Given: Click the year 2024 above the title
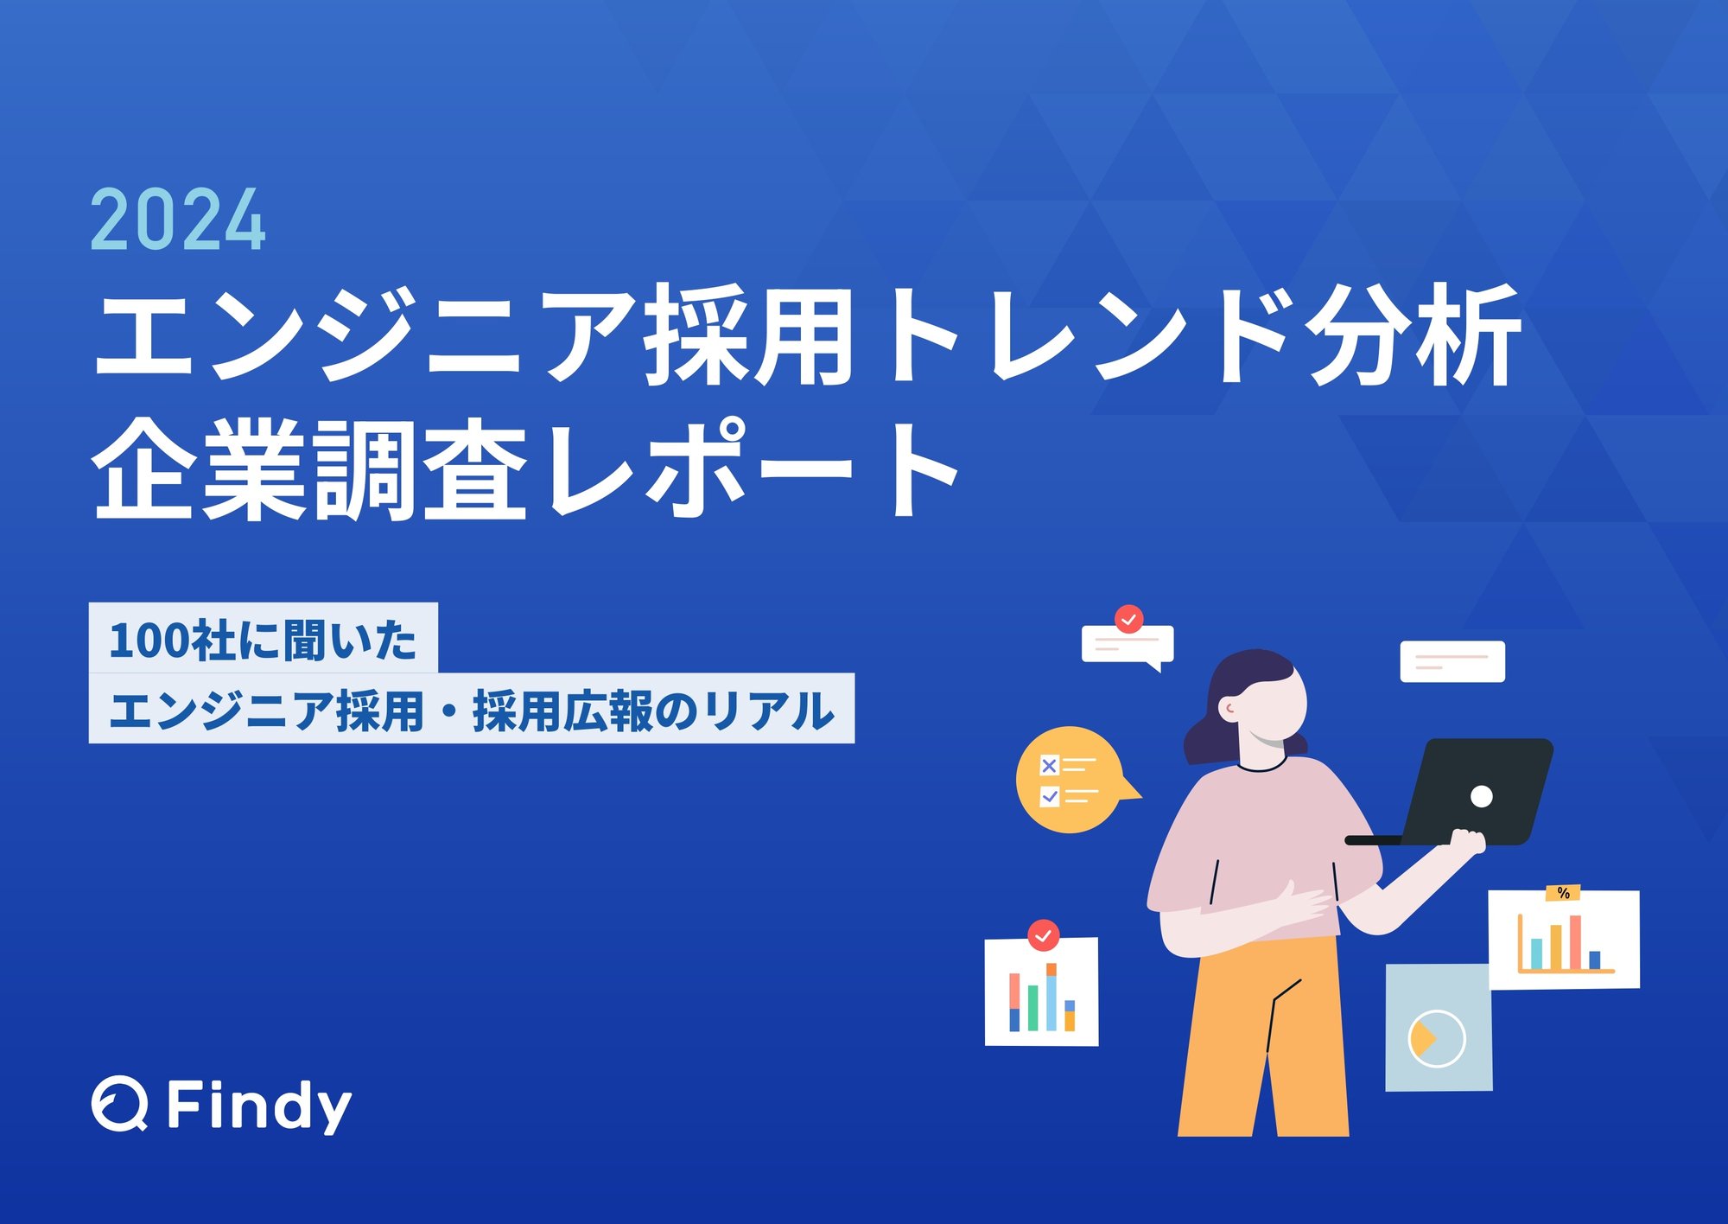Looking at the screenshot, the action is pyautogui.click(x=178, y=220).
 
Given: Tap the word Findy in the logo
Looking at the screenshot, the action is pyautogui.click(x=258, y=1106).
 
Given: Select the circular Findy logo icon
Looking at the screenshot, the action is pyautogui.click(x=119, y=1104).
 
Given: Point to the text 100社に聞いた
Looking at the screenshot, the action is pyautogui.click(x=263, y=641).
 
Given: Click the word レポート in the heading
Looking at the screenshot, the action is pyautogui.click(x=753, y=469).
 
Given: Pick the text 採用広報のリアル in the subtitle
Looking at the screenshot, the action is pyautogui.click(x=653, y=711).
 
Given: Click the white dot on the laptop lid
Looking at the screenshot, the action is pyautogui.click(x=1481, y=796).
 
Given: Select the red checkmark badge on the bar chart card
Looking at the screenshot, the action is pyautogui.click(x=1044, y=935).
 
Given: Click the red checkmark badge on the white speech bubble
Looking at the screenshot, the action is pyautogui.click(x=1128, y=620).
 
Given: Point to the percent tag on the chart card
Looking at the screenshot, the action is pyautogui.click(x=1563, y=892).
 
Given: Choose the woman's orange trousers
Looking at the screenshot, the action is pyautogui.click(x=1263, y=1037).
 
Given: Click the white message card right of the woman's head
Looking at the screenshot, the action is pyautogui.click(x=1452, y=661).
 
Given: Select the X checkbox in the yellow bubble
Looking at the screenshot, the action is pyautogui.click(x=1049, y=765).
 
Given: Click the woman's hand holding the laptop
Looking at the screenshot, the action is pyautogui.click(x=1466, y=843).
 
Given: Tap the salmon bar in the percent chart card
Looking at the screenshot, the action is pyautogui.click(x=1575, y=942).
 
